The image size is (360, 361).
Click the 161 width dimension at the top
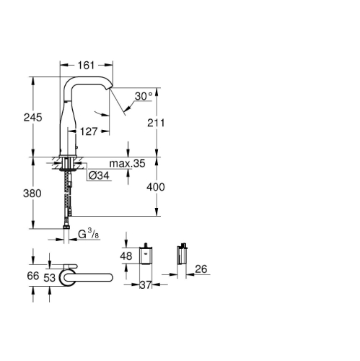tap(87, 65)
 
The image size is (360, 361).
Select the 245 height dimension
tap(33, 118)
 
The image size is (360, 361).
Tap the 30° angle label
tap(144, 96)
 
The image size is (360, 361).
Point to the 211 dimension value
tap(156, 123)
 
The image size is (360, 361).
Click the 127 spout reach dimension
tap(89, 131)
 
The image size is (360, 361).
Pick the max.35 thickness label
tap(127, 163)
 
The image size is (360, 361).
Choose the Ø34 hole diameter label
tap(99, 175)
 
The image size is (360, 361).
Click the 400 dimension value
tap(156, 187)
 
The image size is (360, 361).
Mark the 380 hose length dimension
tap(32, 193)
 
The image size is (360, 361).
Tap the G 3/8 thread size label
tap(89, 234)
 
